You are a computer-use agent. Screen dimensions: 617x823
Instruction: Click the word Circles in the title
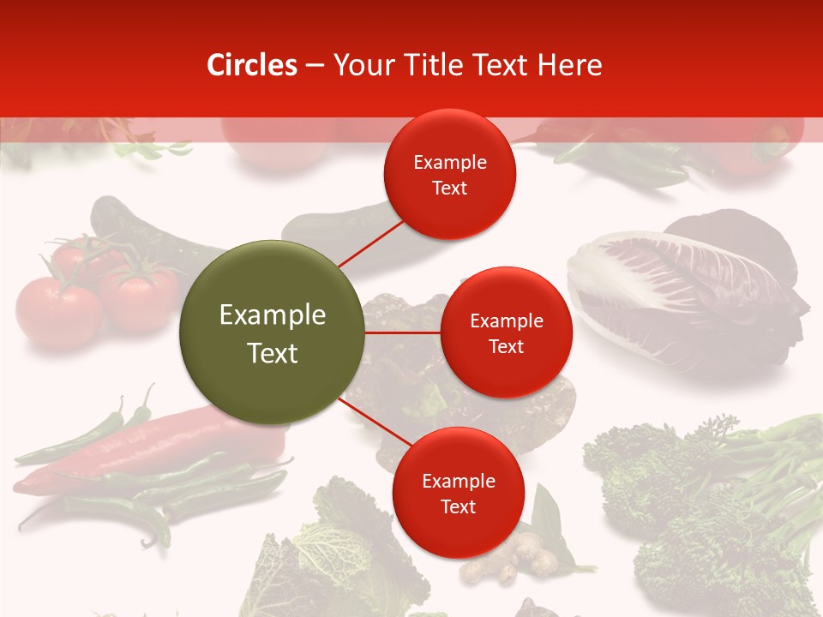(252, 65)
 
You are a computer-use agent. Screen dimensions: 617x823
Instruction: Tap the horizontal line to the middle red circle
(403, 332)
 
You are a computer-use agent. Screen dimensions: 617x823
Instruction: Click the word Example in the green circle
(272, 315)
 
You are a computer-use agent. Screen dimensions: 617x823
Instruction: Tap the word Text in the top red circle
(449, 189)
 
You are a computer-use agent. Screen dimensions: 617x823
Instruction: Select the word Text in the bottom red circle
(458, 507)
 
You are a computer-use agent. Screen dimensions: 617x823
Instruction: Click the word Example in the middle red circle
(506, 321)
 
